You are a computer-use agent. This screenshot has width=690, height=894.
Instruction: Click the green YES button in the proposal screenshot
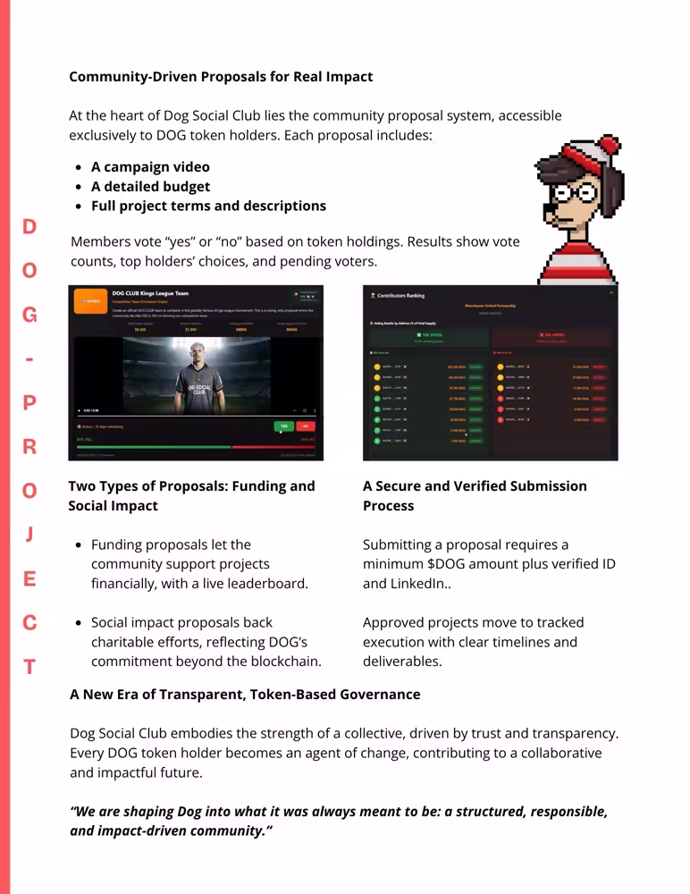pyautogui.click(x=284, y=426)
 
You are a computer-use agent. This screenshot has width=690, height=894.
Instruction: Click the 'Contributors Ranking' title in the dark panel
pyautogui.click(x=400, y=295)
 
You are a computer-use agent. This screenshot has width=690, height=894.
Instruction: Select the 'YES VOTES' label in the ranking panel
pyautogui.click(x=431, y=334)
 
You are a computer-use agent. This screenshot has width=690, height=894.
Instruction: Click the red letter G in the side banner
pyautogui.click(x=29, y=315)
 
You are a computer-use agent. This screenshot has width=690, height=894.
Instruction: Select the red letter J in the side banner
pyautogui.click(x=29, y=535)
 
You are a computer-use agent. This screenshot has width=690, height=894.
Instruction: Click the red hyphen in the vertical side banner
pyautogui.click(x=29, y=359)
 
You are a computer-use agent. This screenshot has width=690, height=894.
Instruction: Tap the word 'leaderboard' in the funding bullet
pyautogui.click(x=266, y=584)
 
